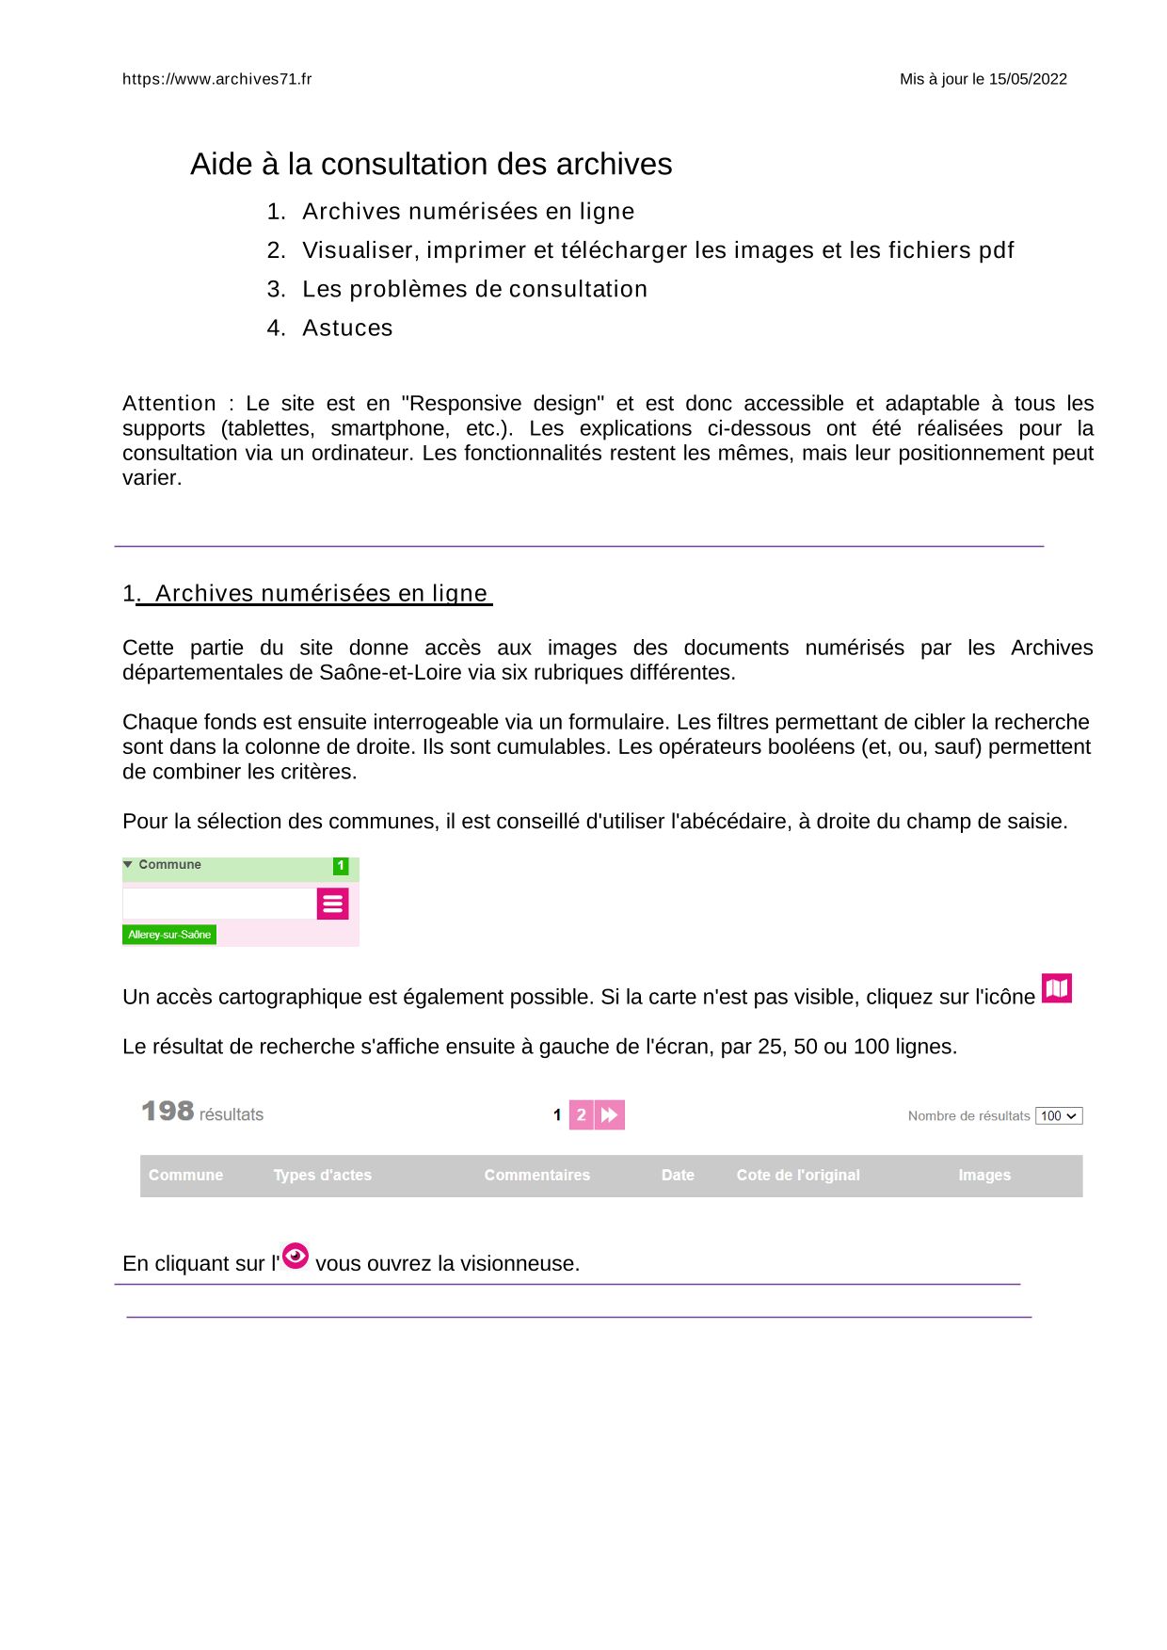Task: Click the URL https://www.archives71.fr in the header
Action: point(216,79)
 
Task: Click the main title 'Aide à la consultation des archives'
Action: point(431,164)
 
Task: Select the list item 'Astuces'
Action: point(347,328)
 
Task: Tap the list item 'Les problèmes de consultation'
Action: point(474,289)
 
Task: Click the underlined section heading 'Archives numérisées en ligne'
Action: point(320,593)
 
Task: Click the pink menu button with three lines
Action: point(332,904)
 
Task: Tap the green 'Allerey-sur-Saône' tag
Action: point(169,935)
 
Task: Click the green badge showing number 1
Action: point(341,866)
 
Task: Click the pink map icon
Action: point(1057,988)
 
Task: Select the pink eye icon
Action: point(296,1256)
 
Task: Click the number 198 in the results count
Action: point(168,1112)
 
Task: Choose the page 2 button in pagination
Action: point(581,1115)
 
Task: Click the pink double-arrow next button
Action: point(610,1115)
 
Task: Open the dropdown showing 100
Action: point(1059,1116)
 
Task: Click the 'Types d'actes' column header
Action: point(322,1175)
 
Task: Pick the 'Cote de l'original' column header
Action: point(798,1175)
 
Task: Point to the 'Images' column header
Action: point(984,1175)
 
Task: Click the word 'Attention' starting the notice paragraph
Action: point(169,404)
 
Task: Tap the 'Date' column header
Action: point(678,1175)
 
